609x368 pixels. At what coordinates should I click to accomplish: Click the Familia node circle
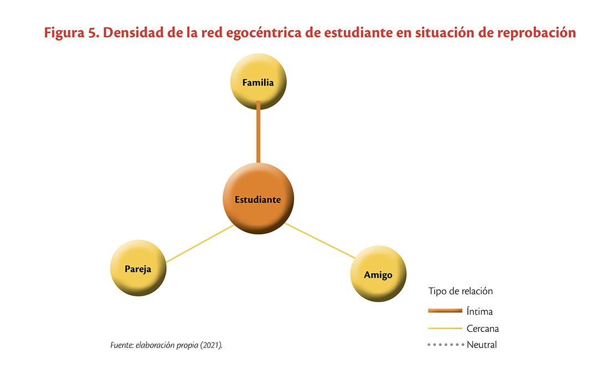coord(259,81)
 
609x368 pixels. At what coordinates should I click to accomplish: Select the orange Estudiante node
coord(259,198)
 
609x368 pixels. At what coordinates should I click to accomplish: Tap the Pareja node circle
coord(138,268)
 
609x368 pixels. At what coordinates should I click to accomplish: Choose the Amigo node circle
coord(378,274)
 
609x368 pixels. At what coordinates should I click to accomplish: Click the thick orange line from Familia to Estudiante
coord(259,132)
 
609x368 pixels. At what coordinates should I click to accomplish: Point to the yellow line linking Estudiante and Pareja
coord(200,244)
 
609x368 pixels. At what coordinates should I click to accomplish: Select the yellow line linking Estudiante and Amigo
coord(320,241)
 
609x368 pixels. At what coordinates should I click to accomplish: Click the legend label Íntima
coord(479,311)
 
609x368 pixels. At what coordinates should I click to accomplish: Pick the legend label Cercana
coord(483,328)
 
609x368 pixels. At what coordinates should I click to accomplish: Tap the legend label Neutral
coord(482,345)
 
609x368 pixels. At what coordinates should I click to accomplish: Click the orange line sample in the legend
coord(445,311)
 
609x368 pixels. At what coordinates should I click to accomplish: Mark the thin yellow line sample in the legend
coord(445,328)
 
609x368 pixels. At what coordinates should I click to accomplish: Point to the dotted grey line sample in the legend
coord(446,345)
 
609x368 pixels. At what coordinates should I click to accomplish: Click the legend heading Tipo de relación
coord(461,291)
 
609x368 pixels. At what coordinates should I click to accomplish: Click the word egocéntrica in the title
coord(264,33)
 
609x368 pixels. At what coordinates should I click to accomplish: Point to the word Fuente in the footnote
coord(122,345)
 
